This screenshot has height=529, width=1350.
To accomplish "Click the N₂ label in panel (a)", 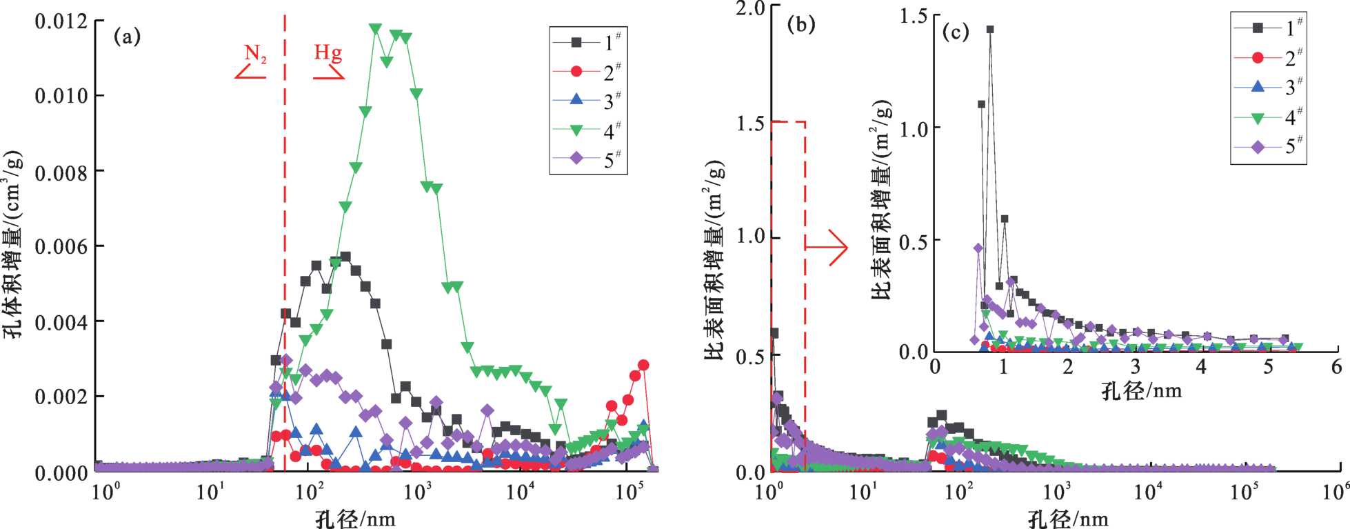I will pyautogui.click(x=255, y=54).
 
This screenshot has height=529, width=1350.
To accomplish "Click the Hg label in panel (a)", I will pyautogui.click(x=328, y=52).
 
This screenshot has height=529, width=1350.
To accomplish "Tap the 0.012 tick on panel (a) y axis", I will pyautogui.click(x=61, y=21).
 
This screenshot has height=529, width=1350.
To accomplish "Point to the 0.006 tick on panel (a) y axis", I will pyautogui.click(x=61, y=247).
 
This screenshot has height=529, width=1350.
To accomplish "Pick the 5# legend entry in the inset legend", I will pyautogui.click(x=1269, y=146).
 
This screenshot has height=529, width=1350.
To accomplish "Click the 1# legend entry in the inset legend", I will pyautogui.click(x=1269, y=28).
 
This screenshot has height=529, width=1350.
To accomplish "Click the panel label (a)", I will pyautogui.click(x=127, y=36).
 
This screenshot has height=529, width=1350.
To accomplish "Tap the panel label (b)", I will pyautogui.click(x=801, y=25).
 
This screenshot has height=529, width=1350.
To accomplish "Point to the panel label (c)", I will pyautogui.click(x=956, y=32).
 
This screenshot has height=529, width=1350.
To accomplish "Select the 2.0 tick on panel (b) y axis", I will pyautogui.click(x=750, y=9).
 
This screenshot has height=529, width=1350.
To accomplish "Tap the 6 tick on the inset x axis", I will pyautogui.click(x=1336, y=366).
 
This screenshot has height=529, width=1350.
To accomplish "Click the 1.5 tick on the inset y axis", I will pyautogui.click(x=913, y=16).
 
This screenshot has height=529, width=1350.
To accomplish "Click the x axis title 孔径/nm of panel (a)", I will pyautogui.click(x=355, y=519).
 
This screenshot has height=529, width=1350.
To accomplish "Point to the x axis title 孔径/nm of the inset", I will pyautogui.click(x=1141, y=391).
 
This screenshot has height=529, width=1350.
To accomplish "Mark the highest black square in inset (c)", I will pyautogui.click(x=990, y=30).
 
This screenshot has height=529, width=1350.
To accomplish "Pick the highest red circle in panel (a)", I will pyautogui.click(x=643, y=365).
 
